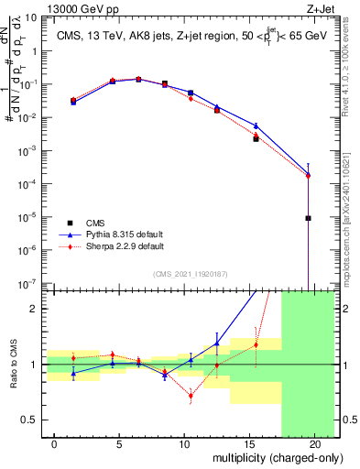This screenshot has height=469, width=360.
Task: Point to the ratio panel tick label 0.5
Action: (30, 420)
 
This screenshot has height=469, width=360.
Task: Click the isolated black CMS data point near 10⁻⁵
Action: (309, 218)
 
